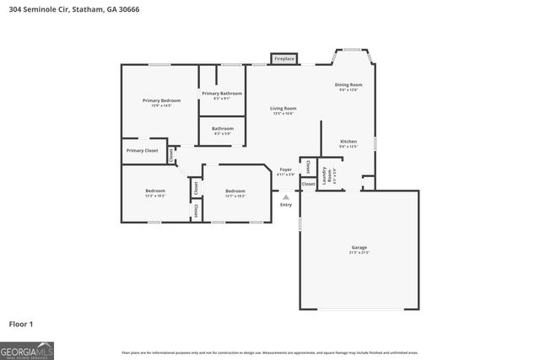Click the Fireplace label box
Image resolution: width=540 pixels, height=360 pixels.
pos(283,58)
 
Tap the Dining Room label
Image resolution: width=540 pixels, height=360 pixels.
pos(348,84)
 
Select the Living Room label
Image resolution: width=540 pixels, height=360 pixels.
pos(283,108)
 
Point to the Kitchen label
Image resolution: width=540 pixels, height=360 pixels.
pos(348,141)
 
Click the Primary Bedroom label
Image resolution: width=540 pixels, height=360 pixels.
pos(161,100)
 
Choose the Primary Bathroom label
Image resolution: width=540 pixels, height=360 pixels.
pos(222,93)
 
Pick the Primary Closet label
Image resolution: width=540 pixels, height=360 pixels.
pos(142,150)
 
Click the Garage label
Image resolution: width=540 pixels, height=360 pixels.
pos(359,247)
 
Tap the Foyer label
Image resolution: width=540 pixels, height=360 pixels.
pos(286,169)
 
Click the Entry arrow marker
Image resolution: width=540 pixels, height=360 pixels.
pos(285,197)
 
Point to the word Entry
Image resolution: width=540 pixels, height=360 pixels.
pos(286,205)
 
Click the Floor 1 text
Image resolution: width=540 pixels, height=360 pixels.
pos(21,323)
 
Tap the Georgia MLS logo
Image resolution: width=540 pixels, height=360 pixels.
pos(27,350)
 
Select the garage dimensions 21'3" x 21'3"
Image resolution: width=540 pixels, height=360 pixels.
pos(359,253)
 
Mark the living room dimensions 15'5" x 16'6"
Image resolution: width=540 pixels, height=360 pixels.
pos(283,114)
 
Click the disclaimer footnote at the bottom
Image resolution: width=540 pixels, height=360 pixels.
pos(270,352)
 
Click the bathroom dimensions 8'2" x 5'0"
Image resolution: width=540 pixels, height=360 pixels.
pos(222,133)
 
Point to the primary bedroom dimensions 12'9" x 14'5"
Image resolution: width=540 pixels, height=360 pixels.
pos(161,106)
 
